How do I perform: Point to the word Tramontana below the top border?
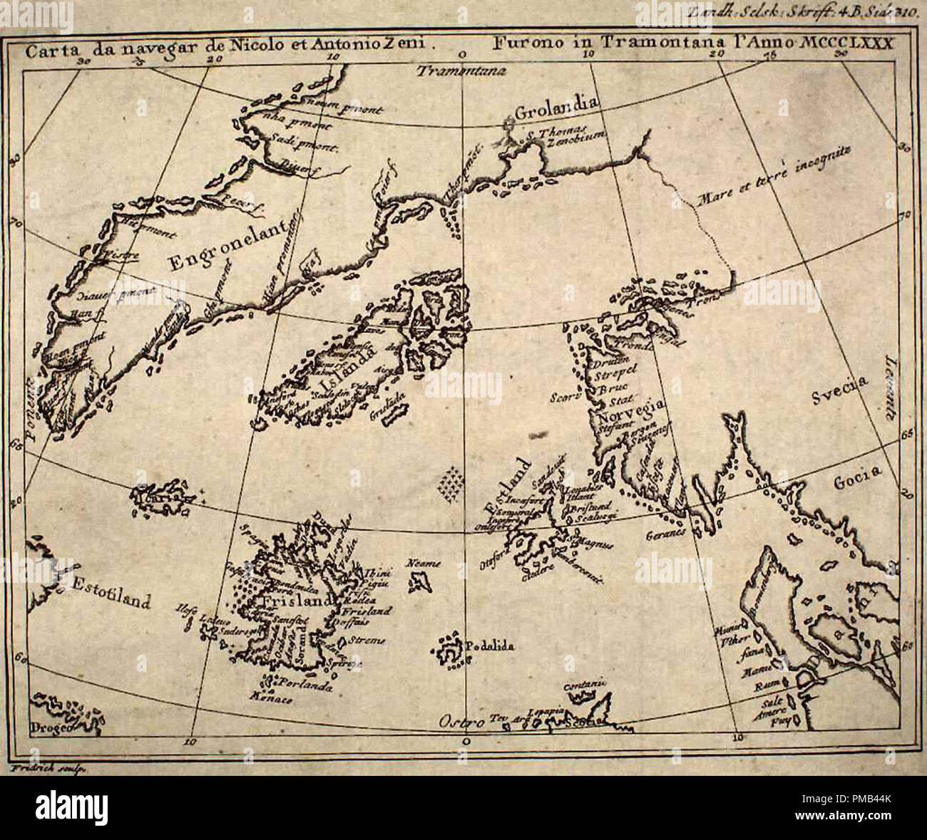(461, 71)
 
